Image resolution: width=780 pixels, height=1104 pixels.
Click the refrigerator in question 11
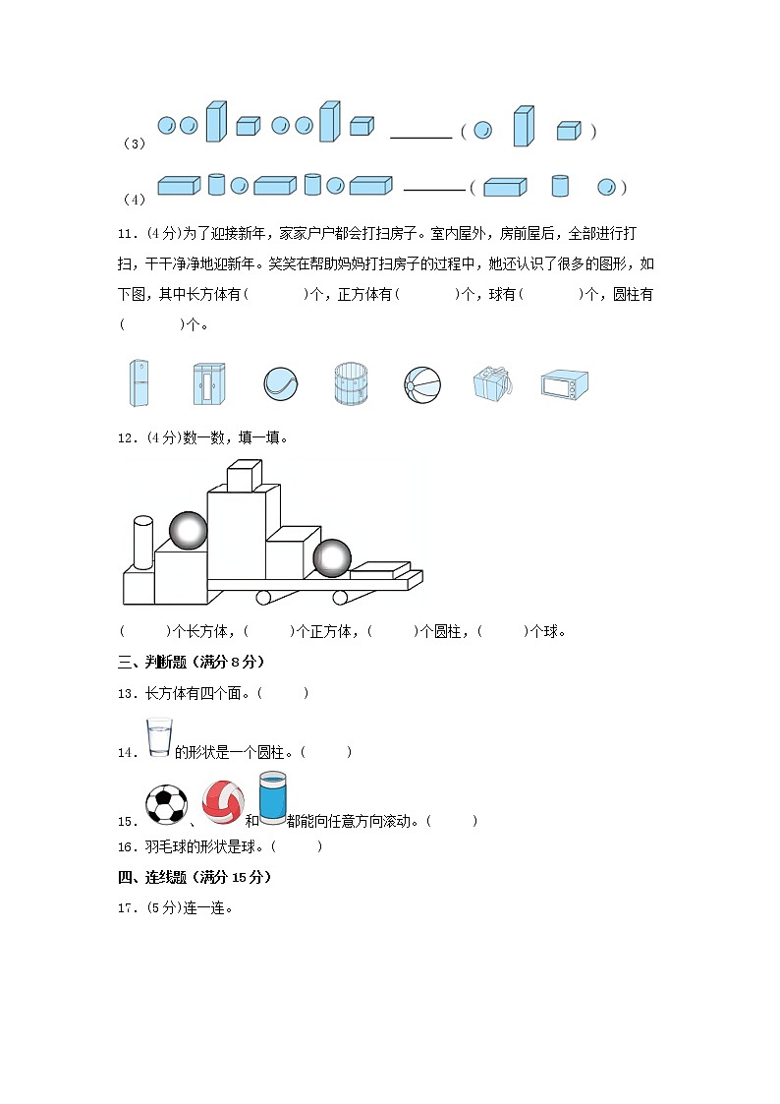139,383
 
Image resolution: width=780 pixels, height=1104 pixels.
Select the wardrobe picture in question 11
208,383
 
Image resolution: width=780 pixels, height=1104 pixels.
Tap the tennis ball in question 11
279,383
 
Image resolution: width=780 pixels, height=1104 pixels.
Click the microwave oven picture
564,384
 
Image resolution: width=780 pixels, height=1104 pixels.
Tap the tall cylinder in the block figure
143,543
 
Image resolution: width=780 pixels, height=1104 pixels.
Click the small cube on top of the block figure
244,476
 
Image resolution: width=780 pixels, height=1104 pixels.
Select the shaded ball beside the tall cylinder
189,531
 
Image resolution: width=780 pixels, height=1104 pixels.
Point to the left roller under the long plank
263,597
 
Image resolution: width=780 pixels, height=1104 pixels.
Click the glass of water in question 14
159,737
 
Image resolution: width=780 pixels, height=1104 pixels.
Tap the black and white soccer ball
165,803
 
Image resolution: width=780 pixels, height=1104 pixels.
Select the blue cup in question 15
272,797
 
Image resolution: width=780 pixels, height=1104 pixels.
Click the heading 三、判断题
191,662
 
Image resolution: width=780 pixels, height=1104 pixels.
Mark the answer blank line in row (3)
420,137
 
